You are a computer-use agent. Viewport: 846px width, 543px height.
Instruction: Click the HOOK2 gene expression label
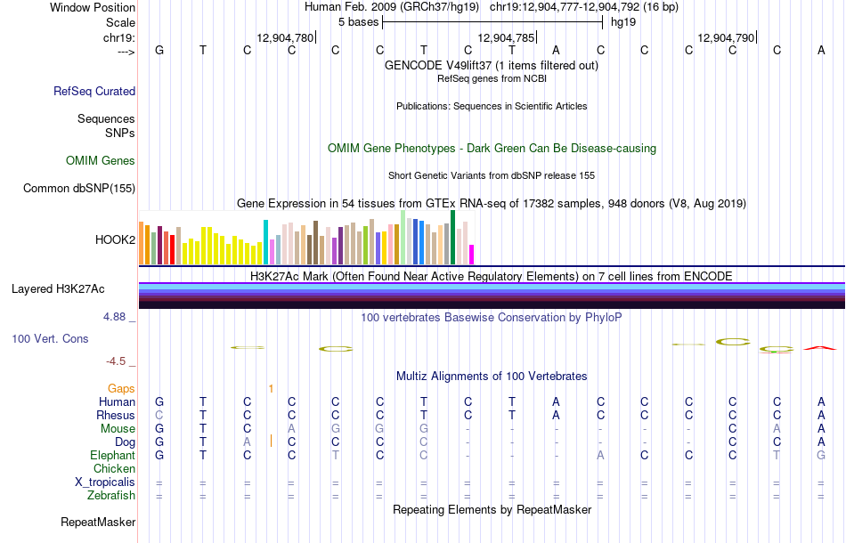115,239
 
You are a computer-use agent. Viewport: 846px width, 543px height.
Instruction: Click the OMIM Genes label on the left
101,161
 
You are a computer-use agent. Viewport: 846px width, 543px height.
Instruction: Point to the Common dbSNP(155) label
79,188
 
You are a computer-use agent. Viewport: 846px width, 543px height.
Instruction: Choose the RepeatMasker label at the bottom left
98,523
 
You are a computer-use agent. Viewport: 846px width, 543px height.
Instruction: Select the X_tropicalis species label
105,482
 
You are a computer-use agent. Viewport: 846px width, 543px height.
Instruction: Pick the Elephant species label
112,455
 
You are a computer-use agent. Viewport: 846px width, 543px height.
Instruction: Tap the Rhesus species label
116,415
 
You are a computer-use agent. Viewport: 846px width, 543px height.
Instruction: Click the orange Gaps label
121,388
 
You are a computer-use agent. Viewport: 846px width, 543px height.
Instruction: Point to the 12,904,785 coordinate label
507,38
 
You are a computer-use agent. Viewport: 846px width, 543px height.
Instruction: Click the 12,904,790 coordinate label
726,38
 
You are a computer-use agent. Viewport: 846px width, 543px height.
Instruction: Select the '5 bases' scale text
358,22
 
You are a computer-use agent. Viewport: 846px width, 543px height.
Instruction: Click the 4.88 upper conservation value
116,316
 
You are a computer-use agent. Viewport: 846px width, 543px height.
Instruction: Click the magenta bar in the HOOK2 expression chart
472,255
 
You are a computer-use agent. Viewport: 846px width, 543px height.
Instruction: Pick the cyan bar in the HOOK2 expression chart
265,242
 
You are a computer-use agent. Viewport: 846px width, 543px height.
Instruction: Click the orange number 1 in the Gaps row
271,388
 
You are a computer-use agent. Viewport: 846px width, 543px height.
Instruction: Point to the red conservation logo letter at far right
820,348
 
